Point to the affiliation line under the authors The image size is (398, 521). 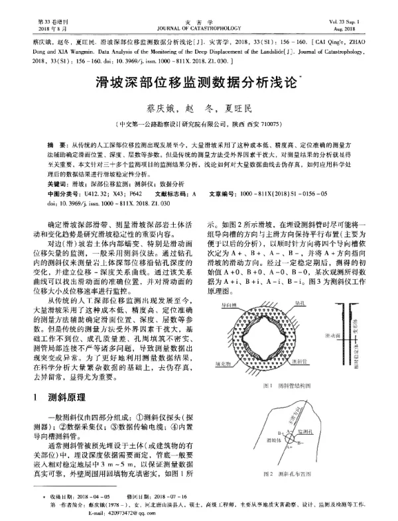[199, 123]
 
